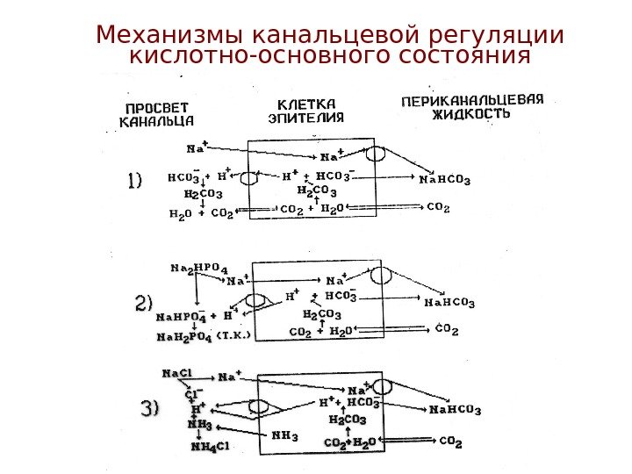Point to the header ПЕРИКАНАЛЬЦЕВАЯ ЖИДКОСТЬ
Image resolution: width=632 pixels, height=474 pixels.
[472, 105]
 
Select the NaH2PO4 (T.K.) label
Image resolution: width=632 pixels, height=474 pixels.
[204, 335]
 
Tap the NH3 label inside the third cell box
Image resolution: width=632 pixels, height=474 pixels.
[284, 434]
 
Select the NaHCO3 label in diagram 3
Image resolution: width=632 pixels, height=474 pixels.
[454, 410]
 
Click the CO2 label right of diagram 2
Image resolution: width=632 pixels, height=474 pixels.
[448, 330]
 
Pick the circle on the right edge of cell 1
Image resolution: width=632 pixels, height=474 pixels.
[376, 154]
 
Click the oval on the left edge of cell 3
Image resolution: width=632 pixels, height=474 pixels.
[258, 407]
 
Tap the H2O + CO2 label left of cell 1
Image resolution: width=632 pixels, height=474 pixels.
[201, 212]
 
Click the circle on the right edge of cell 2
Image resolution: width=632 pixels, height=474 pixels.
[379, 275]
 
